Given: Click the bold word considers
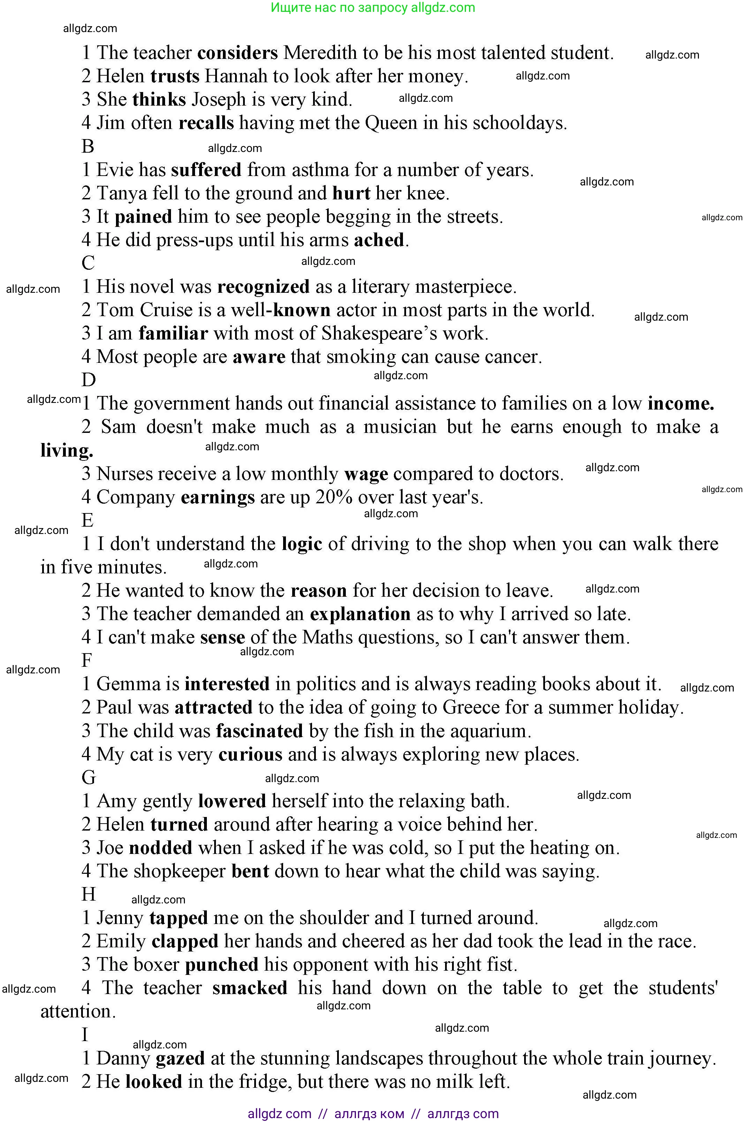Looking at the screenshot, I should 237,53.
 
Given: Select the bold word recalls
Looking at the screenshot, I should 206,123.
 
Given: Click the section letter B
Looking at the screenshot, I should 88,146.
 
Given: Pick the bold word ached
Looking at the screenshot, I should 379,240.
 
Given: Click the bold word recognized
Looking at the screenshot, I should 263,287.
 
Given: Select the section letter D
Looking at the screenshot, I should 88,380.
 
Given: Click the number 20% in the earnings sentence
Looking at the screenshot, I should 334,497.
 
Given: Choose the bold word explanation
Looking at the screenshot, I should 360,614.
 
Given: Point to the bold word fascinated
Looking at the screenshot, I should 259,731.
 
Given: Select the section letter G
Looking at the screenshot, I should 88,778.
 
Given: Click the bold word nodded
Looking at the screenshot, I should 161,848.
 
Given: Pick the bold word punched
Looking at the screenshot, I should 221,964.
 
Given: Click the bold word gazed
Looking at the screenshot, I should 180,1058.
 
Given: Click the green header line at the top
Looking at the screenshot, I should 373,8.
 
